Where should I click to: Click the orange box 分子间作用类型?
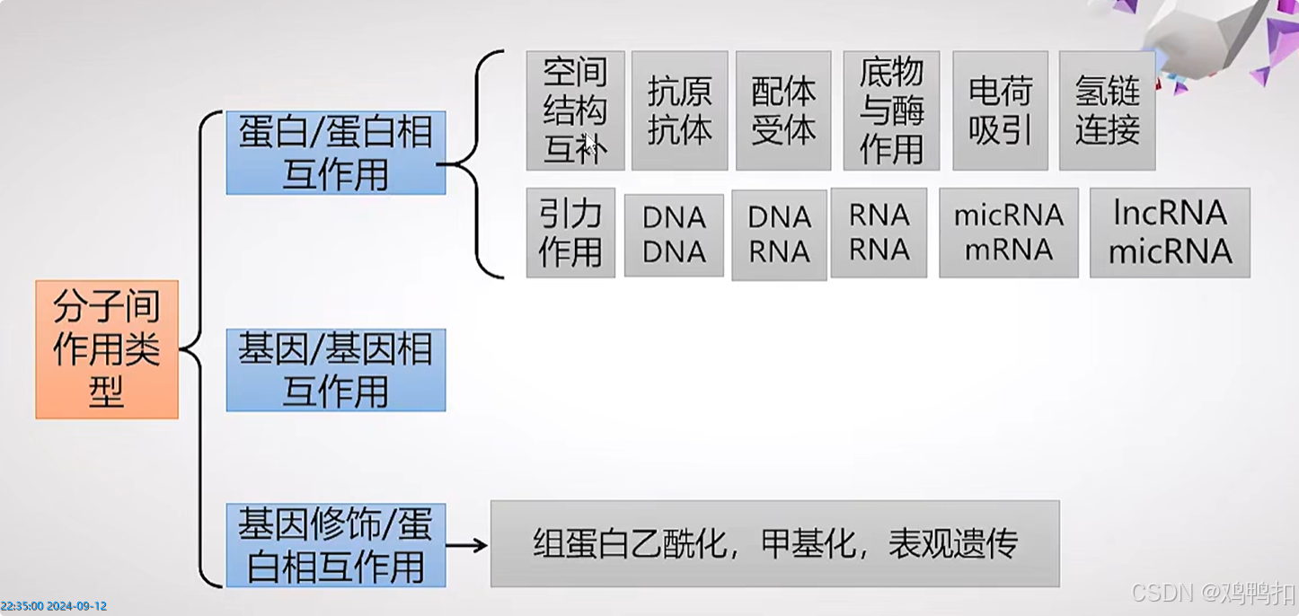pyautogui.click(x=107, y=349)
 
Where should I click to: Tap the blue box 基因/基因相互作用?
pyautogui.click(x=336, y=370)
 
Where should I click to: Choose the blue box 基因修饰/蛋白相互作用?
pyautogui.click(x=336, y=545)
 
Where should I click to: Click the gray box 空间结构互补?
pyautogui.click(x=575, y=110)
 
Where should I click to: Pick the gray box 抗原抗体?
pyautogui.click(x=679, y=110)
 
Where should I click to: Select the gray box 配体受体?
pyautogui.click(x=783, y=110)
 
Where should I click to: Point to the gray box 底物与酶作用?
pyautogui.click(x=891, y=110)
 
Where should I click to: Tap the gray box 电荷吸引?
pyautogui.click(x=1001, y=110)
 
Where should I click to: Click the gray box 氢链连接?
pyautogui.click(x=1107, y=110)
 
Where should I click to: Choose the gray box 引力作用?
pyautogui.click(x=570, y=233)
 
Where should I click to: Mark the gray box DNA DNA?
pyautogui.click(x=674, y=234)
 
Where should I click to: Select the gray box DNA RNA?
pyautogui.click(x=779, y=234)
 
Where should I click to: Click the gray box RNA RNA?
pyautogui.click(x=879, y=233)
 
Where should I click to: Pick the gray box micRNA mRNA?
pyautogui.click(x=1008, y=233)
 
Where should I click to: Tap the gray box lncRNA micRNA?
pyautogui.click(x=1170, y=233)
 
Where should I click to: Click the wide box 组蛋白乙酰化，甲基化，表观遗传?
pyautogui.click(x=774, y=544)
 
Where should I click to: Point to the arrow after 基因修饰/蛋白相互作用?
pyautogui.click(x=467, y=545)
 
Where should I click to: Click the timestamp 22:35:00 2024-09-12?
pyautogui.click(x=54, y=606)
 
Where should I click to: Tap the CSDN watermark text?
pyautogui.click(x=1213, y=593)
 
